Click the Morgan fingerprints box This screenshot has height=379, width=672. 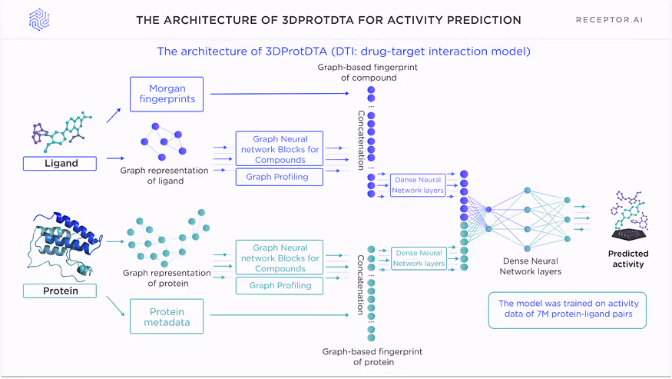pos(167,93)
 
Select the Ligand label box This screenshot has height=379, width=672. pos(60,163)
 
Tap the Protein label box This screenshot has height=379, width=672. pos(60,291)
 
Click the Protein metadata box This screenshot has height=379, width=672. pos(167,317)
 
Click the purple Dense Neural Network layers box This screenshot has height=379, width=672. pos(418,185)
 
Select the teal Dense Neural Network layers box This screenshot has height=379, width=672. pos(419,258)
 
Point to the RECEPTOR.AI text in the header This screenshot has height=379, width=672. pos(608,19)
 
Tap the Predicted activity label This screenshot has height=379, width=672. pos(627,259)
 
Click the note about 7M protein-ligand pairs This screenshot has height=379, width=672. pos(568,309)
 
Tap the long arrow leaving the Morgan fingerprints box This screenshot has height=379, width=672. pos(284,94)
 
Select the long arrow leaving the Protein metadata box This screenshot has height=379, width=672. pos(284,315)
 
